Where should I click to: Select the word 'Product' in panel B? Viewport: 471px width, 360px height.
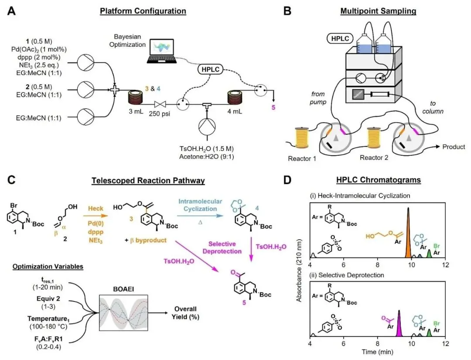click(x=454, y=147)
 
